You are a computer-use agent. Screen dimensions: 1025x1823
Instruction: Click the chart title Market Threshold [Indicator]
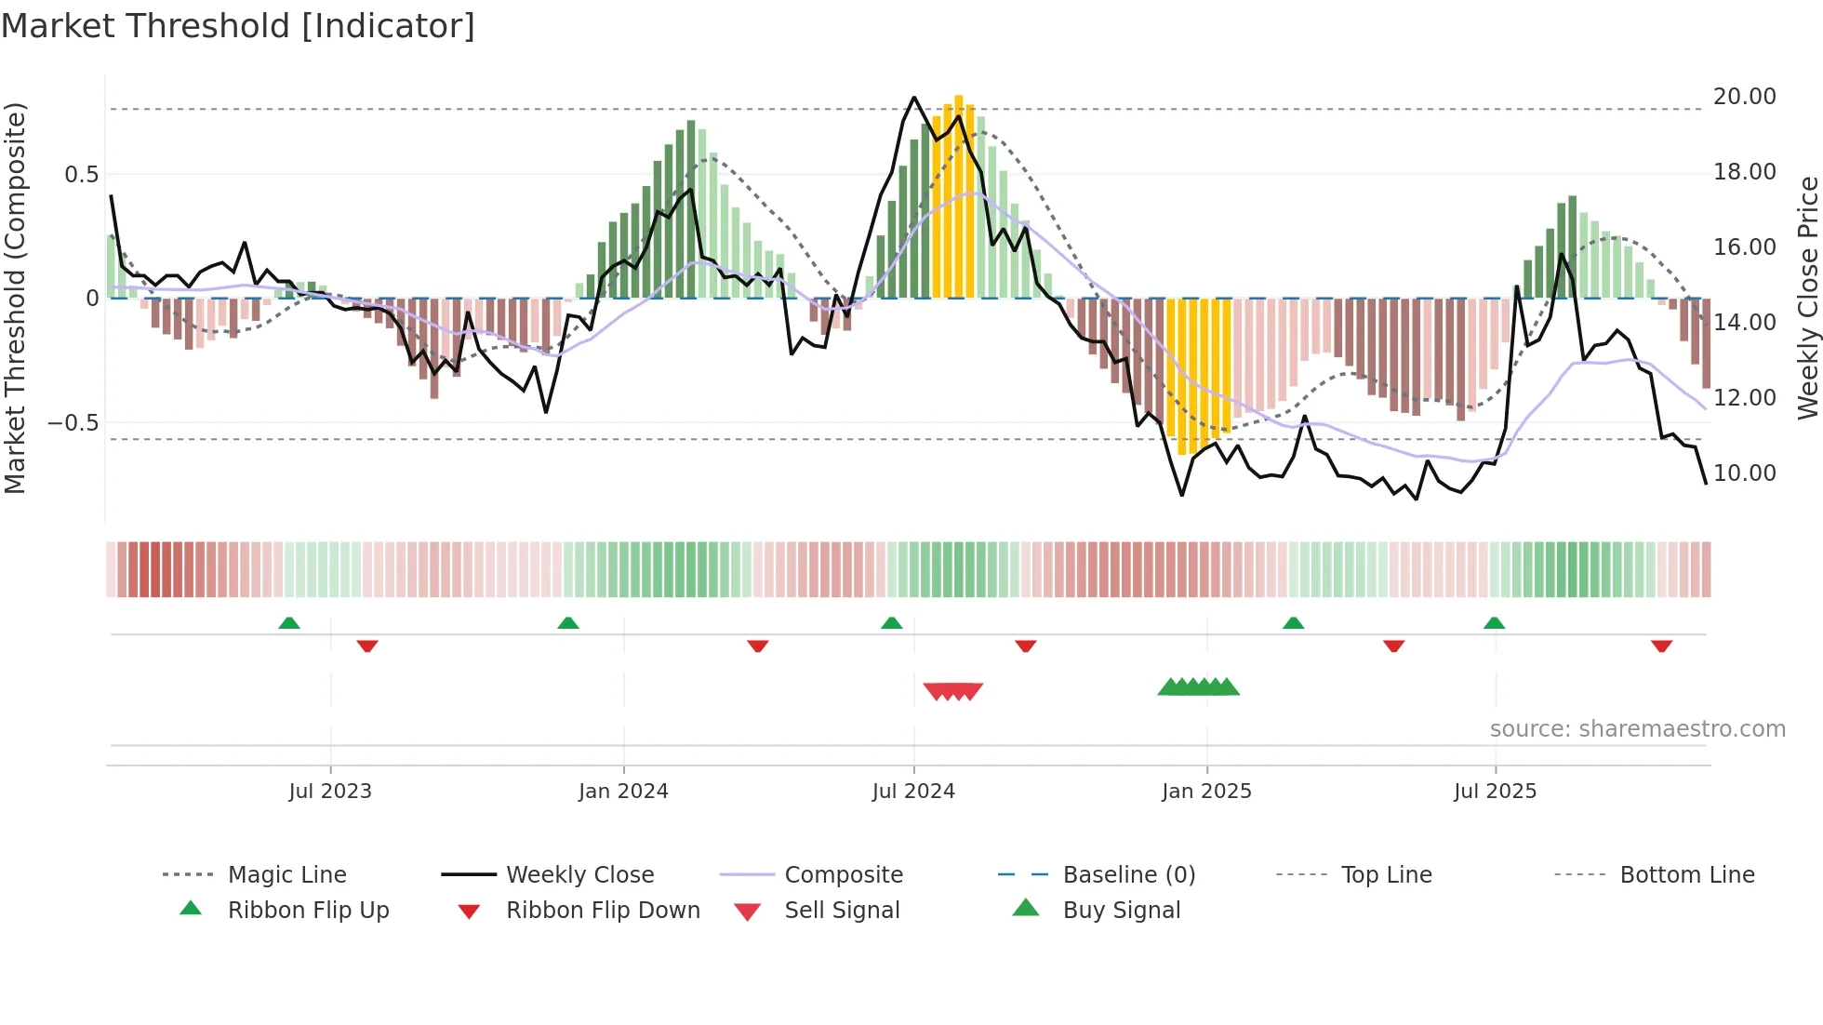[x=238, y=26]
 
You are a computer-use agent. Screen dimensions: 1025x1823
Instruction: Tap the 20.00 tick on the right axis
[x=1744, y=97]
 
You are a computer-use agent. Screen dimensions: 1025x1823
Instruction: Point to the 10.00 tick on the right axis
[x=1744, y=473]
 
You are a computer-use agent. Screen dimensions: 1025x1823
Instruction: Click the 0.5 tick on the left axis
[x=81, y=175]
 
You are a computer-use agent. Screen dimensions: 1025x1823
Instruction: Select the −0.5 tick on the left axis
[x=73, y=423]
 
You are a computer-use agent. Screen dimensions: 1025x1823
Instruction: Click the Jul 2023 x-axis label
[x=329, y=792]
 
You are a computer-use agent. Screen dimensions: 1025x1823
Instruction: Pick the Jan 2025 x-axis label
[x=1206, y=792]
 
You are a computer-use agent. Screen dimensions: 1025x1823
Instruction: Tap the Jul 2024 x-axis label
[x=913, y=792]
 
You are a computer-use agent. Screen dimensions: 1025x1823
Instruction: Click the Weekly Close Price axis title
[x=1807, y=298]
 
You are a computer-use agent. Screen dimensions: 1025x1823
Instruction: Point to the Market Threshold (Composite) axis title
[x=15, y=298]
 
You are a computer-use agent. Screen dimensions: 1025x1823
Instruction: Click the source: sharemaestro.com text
[x=1637, y=729]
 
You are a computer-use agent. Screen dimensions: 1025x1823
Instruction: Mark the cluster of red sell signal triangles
[x=953, y=691]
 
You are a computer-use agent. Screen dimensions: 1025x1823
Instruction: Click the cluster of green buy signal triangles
[x=1198, y=687]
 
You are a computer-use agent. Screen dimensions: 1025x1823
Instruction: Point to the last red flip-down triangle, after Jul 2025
[x=1661, y=646]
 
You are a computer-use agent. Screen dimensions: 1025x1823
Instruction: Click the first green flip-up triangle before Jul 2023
[x=289, y=623]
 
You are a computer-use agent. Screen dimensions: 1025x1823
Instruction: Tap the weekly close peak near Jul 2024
[x=914, y=98]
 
